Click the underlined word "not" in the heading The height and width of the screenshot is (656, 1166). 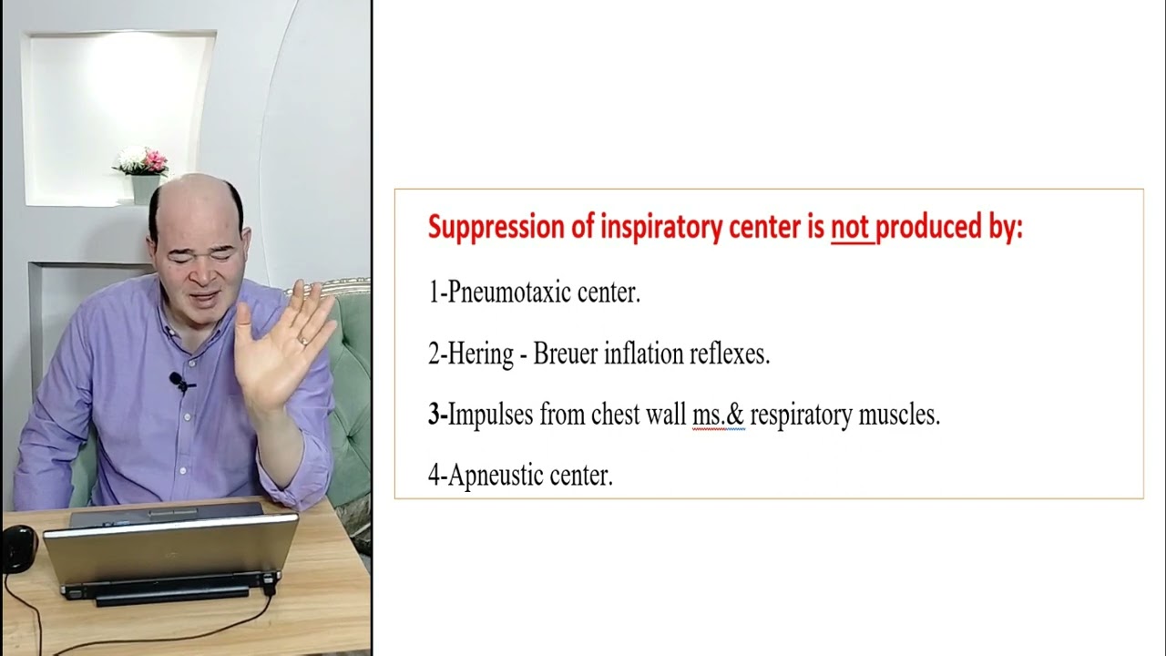coord(851,228)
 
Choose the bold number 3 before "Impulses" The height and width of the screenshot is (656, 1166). coord(434,415)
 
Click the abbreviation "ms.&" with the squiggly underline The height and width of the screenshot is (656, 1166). coord(718,415)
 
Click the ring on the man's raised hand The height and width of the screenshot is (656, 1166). coord(302,341)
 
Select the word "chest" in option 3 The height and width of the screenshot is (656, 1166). coord(615,415)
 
